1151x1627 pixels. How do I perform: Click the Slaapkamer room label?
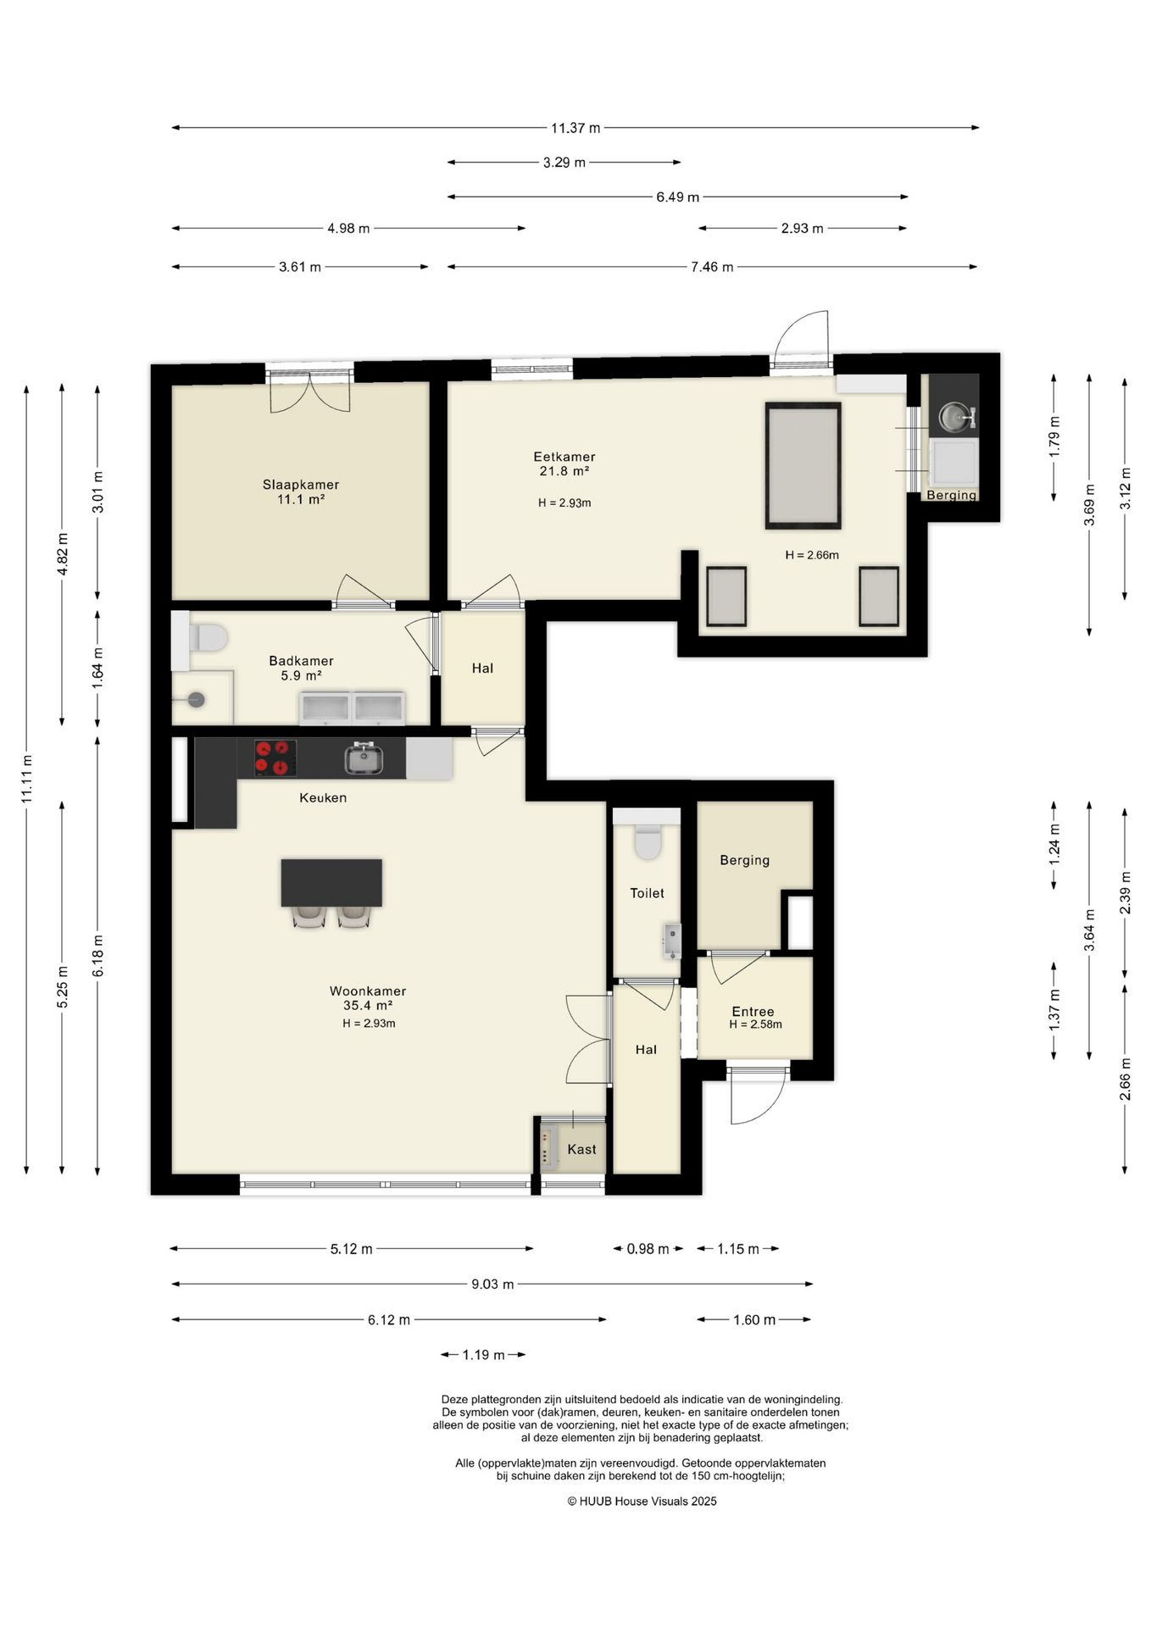click(x=301, y=485)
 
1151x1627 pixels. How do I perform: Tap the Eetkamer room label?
click(x=564, y=457)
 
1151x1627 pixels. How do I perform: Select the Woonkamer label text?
click(x=368, y=991)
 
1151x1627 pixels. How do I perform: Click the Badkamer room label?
click(x=301, y=661)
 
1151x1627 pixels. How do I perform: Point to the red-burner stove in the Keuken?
click(x=275, y=758)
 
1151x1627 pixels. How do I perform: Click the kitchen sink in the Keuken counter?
click(x=364, y=758)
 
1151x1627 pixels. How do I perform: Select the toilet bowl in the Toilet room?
click(x=648, y=841)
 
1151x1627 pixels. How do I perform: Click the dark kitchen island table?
click(x=331, y=882)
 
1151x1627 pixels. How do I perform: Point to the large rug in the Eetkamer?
click(x=803, y=465)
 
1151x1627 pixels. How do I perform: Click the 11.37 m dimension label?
click(x=575, y=128)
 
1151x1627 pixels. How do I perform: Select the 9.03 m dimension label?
click(x=492, y=1284)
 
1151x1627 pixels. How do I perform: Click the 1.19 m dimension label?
click(x=483, y=1355)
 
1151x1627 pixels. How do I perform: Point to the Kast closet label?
click(x=581, y=1149)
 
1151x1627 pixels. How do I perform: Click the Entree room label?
click(x=753, y=1011)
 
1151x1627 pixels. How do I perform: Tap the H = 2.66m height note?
click(x=812, y=555)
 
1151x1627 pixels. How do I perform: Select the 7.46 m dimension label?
click(x=712, y=267)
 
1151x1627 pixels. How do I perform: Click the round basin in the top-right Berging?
click(x=954, y=415)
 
